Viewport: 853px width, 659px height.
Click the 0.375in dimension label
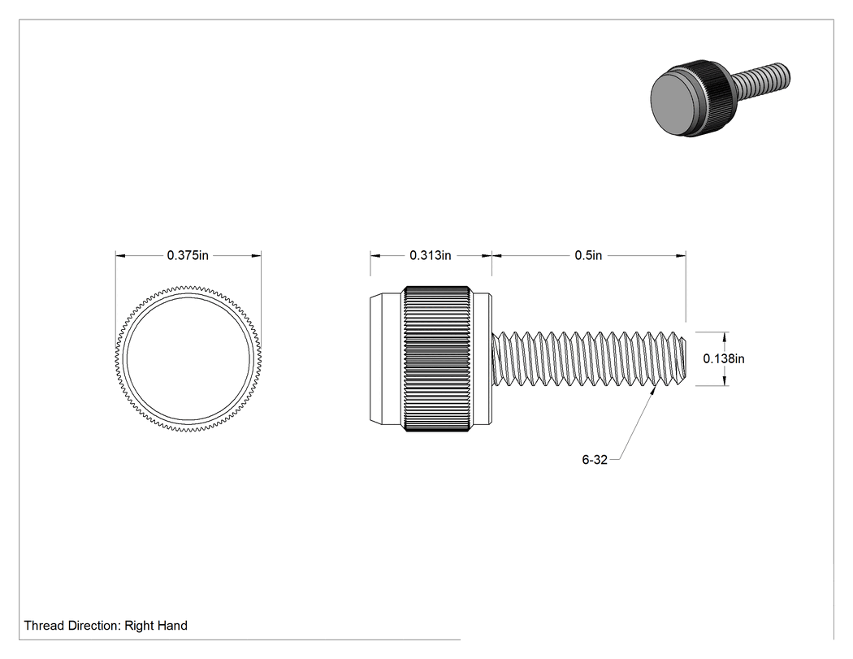pos(188,255)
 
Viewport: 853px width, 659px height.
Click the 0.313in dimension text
pos(431,255)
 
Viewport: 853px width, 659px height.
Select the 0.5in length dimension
pos(589,255)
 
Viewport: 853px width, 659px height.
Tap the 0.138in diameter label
pos(724,358)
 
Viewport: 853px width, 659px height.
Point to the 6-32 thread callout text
pos(595,460)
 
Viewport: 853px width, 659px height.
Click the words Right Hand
pos(156,626)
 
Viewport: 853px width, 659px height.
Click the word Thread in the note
pos(44,626)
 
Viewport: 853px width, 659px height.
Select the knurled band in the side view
pos(437,359)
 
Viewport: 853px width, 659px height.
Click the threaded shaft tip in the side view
pos(682,358)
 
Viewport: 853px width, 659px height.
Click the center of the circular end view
pos(188,358)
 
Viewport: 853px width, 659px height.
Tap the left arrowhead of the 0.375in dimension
pos(120,255)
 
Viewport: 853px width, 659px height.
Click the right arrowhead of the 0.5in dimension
pos(681,255)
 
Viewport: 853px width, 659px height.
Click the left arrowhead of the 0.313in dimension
pos(375,255)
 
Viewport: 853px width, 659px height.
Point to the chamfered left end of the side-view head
pos(376,359)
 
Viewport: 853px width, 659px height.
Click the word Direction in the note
pos(94,626)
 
